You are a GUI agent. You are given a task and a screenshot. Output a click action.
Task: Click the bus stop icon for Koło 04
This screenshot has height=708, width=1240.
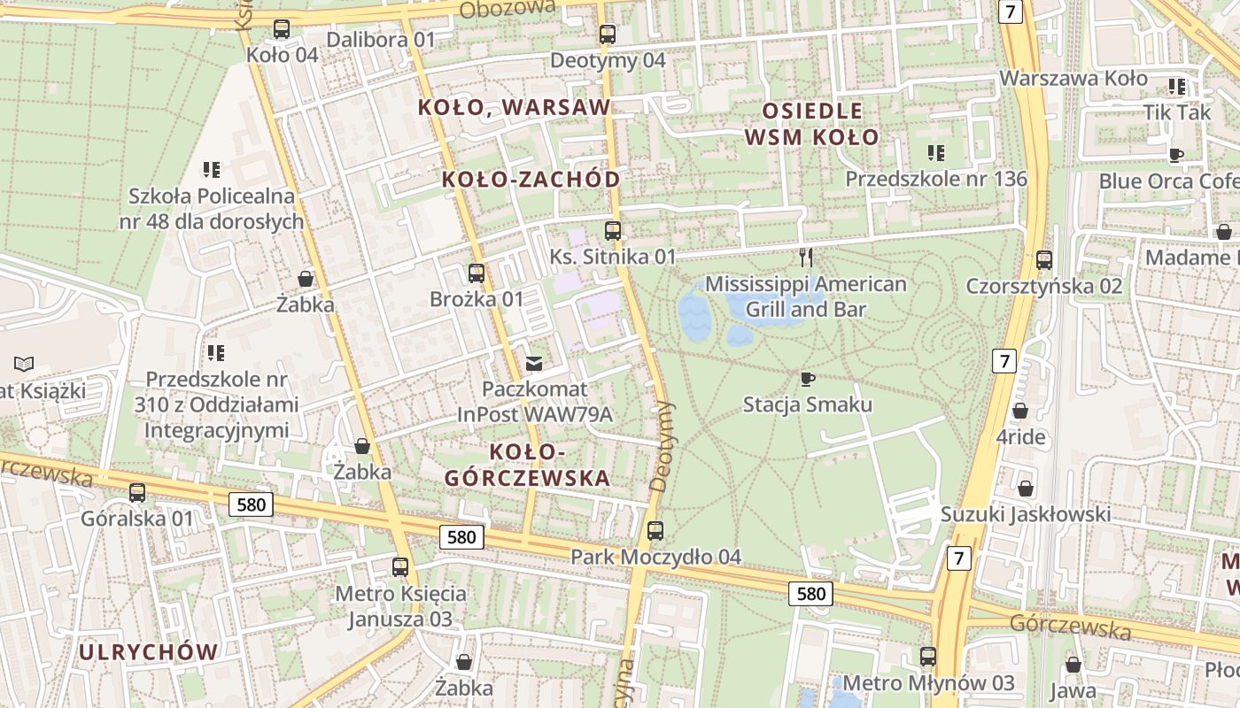[282, 29]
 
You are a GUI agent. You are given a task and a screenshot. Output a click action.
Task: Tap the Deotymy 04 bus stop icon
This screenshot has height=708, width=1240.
[607, 35]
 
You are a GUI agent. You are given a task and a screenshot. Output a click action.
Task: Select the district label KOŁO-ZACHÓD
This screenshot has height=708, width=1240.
[531, 180]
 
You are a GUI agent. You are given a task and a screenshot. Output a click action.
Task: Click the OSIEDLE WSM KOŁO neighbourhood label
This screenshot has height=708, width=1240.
[811, 124]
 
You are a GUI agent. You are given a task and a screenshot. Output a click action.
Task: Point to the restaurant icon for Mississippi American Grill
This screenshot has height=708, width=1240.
[805, 258]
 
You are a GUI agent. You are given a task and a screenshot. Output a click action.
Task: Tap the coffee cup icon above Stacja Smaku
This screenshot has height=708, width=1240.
[807, 379]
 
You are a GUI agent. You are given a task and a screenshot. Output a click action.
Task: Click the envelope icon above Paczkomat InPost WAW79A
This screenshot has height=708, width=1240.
[534, 363]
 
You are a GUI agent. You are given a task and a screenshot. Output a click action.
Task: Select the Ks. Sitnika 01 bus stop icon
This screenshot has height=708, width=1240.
[612, 231]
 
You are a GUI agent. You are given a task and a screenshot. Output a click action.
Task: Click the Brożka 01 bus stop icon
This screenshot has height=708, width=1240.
[477, 273]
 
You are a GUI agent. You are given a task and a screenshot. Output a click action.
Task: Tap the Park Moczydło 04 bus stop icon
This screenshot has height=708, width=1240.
[655, 531]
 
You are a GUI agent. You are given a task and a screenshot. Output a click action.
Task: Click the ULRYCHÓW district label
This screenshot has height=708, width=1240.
[148, 652]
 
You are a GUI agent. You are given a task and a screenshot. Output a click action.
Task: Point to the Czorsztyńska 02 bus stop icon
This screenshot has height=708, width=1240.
[1044, 260]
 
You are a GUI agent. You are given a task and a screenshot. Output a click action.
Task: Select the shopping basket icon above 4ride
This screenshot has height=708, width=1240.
[1019, 411]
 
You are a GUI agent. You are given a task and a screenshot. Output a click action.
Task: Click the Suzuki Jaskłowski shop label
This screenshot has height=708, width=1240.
[1025, 514]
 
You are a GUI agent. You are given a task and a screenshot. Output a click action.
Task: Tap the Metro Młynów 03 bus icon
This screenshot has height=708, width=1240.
[927, 657]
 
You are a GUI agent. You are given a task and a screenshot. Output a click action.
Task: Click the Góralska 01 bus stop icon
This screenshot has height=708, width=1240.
[136, 493]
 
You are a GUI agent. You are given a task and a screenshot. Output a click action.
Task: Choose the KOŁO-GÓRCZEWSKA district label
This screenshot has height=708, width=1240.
[527, 466]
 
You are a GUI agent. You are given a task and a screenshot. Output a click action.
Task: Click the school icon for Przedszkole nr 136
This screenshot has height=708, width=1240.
[935, 153]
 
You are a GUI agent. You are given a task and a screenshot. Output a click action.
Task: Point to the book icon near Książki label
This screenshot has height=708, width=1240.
[25, 363]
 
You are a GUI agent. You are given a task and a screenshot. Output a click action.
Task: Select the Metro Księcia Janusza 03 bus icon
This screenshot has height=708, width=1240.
[400, 566]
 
